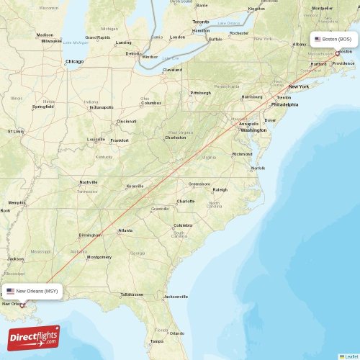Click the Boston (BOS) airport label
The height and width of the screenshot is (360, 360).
(x=334, y=40)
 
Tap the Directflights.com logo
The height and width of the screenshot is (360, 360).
(x=34, y=338)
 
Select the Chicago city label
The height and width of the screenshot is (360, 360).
(x=75, y=62)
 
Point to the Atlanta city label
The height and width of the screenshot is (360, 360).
(x=125, y=230)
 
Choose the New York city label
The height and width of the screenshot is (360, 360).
(x=298, y=86)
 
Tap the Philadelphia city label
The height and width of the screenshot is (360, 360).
(x=284, y=104)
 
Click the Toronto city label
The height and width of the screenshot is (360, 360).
(x=201, y=22)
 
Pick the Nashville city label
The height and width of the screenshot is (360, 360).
(x=89, y=182)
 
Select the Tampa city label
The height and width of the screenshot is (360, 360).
(x=156, y=341)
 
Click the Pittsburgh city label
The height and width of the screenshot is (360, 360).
(x=200, y=93)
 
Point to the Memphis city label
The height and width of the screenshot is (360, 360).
(x=16, y=202)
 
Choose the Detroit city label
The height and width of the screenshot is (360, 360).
(x=132, y=53)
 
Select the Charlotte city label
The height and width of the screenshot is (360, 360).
(x=186, y=201)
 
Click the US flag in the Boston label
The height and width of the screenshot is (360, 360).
(x=318, y=40)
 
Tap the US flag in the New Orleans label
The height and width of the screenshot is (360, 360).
(x=11, y=291)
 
